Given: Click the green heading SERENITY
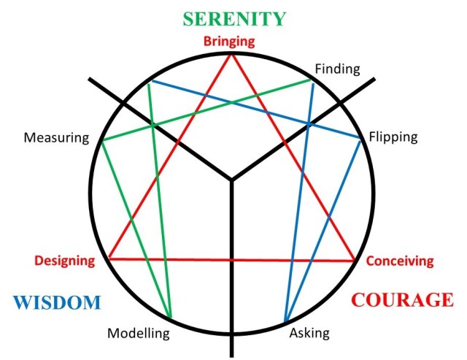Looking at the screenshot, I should pos(233,18).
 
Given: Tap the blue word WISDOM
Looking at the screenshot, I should pos(55,302).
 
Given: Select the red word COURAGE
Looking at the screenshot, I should pos(402,299).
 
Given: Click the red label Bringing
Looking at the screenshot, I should pos(230,42).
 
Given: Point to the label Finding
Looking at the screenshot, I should pos(337,69).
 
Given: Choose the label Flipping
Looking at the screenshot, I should pos(393,137).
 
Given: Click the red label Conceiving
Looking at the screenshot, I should pos(399,260).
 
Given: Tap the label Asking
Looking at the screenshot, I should pos(309,333).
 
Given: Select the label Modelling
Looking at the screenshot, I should pos(138,334).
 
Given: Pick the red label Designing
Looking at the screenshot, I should pos(65,260).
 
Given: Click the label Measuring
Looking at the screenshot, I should pos(56,137).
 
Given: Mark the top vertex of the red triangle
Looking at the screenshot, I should pos(233,55).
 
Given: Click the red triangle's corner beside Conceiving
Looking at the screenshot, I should pos(355,261).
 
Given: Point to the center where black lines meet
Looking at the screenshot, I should pos(231,180).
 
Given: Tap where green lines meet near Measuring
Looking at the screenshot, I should pos(101,141).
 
